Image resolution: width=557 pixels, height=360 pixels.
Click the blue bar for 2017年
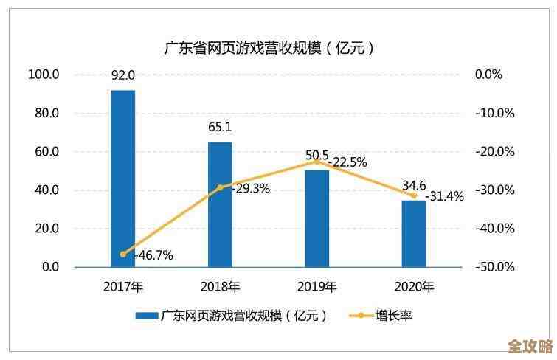click(123, 178)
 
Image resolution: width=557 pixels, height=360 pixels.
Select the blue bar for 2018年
click(220, 204)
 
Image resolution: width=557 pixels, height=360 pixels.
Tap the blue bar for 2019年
click(317, 218)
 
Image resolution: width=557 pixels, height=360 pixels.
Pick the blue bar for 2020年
click(414, 233)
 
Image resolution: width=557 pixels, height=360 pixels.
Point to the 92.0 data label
click(123, 75)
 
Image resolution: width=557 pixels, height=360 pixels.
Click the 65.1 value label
click(220, 127)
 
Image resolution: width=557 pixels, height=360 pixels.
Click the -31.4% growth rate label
click(444, 196)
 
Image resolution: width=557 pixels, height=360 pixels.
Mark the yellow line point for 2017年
click(123, 254)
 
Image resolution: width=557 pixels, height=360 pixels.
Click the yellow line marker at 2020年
click(414, 195)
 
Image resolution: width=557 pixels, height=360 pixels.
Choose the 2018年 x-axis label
click(220, 287)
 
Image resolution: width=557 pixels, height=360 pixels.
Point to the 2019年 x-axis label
click(317, 287)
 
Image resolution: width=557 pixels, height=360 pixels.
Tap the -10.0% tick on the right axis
click(494, 113)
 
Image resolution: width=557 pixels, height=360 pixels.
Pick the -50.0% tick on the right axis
click(494, 266)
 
